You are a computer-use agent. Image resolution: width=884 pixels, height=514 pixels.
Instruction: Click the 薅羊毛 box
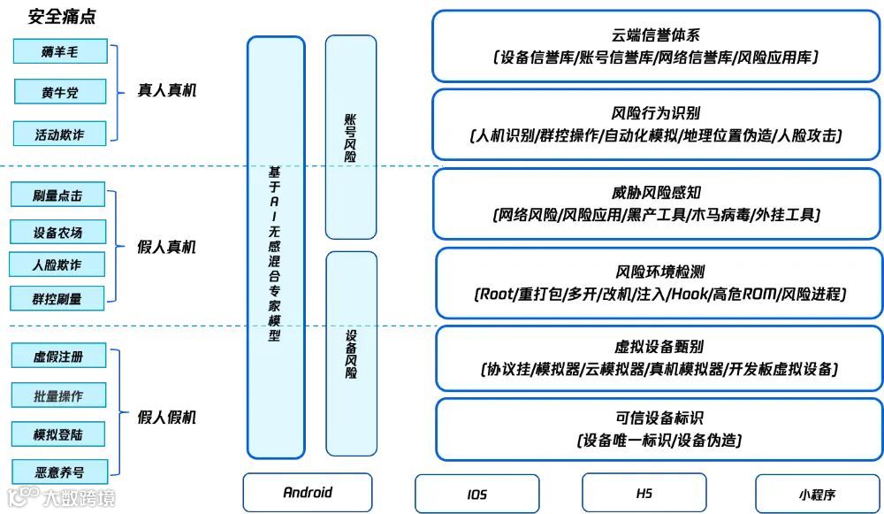click(60, 51)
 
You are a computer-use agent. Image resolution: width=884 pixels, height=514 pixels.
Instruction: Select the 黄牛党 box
click(60, 90)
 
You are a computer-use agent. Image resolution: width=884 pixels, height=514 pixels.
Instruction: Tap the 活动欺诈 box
click(60, 134)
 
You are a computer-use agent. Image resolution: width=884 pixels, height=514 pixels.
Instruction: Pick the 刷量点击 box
click(58, 195)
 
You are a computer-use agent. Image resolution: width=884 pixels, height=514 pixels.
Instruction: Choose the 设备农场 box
click(58, 233)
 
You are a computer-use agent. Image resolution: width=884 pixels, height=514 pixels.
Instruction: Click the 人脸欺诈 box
click(57, 265)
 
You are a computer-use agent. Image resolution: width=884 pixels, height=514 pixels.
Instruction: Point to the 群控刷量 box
click(57, 298)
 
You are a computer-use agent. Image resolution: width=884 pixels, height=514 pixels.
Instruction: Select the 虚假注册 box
click(58, 357)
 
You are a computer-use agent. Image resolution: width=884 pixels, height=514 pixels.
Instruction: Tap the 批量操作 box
click(58, 395)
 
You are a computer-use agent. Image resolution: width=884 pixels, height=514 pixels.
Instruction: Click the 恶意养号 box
click(58, 472)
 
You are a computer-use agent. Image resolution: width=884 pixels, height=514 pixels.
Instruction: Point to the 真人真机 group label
click(166, 90)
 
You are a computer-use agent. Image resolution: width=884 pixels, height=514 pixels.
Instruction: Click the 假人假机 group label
click(166, 417)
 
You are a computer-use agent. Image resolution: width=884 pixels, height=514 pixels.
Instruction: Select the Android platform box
click(308, 493)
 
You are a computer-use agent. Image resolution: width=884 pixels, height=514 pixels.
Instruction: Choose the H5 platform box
click(644, 493)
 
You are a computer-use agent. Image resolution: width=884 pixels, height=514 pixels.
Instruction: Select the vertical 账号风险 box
click(350, 137)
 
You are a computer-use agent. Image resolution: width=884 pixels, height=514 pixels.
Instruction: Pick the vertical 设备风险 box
click(350, 354)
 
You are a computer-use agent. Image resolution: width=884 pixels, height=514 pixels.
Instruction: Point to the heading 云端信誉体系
click(656, 35)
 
